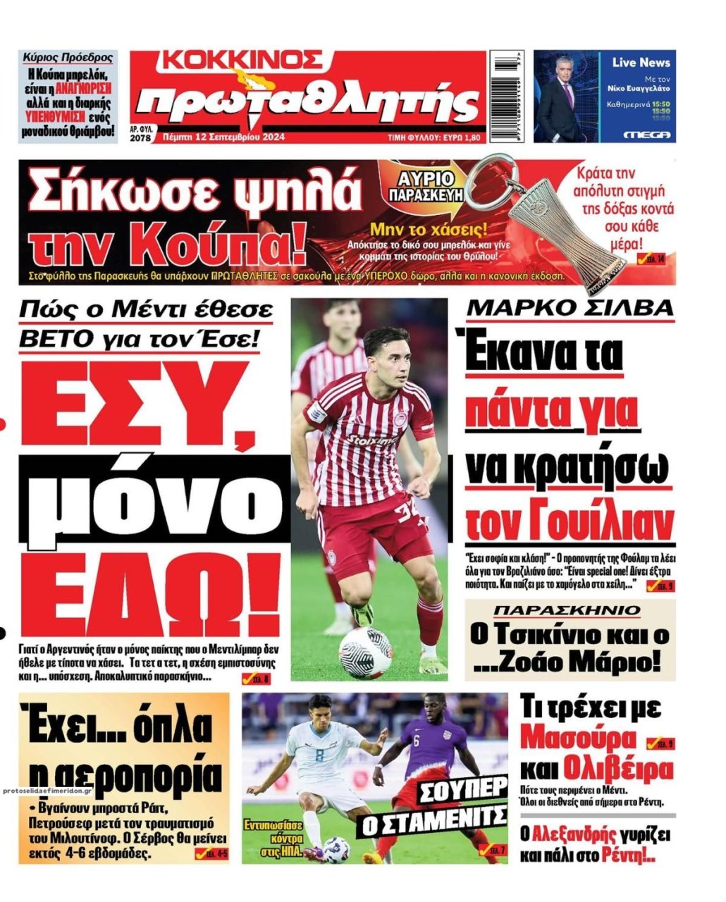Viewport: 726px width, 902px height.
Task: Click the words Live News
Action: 641,63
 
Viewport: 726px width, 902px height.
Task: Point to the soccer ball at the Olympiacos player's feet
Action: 365,653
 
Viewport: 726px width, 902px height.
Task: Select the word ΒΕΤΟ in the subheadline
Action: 54,340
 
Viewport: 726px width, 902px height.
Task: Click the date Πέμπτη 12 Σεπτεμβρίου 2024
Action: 223,137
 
